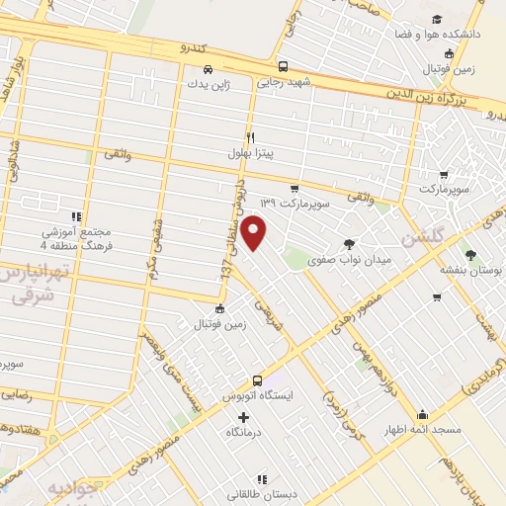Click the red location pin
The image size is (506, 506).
tap(254, 232)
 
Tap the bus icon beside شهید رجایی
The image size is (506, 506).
tap(284, 67)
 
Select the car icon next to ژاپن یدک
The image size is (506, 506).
tap(207, 70)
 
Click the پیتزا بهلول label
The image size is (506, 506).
tap(267, 153)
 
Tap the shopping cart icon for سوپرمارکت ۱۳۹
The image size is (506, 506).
tap(295, 188)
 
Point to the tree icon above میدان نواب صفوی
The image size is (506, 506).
tap(349, 243)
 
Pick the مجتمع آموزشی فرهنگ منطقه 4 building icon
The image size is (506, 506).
tap(74, 216)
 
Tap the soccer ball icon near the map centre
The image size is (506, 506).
tap(219, 309)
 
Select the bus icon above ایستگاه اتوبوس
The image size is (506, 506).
tap(257, 379)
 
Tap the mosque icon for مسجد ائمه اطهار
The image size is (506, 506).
tap(423, 414)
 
